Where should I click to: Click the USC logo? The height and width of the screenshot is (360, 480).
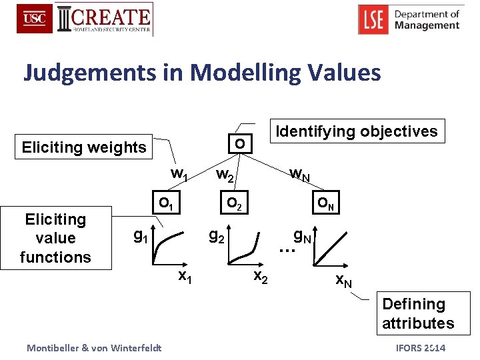pyautogui.click(x=35, y=19)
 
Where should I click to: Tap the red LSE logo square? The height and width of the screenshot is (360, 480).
pyautogui.click(x=374, y=19)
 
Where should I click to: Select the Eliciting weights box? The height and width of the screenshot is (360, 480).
pyautogui.click(x=84, y=147)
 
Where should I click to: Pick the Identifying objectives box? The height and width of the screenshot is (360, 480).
pyautogui.click(x=357, y=131)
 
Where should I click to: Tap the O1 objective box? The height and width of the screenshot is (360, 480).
pyautogui.click(x=165, y=203)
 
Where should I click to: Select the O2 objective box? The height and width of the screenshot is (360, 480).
pyautogui.click(x=234, y=203)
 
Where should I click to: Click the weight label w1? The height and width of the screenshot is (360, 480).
pyautogui.click(x=179, y=174)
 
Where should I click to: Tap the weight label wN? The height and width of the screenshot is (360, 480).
pyautogui.click(x=299, y=175)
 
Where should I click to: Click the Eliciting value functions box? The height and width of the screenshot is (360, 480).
pyautogui.click(x=55, y=238)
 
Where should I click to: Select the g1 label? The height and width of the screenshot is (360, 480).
pyautogui.click(x=141, y=235)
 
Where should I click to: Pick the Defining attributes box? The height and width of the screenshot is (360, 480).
pyautogui.click(x=417, y=313)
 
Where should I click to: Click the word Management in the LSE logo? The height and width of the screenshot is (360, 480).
pyautogui.click(x=427, y=26)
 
